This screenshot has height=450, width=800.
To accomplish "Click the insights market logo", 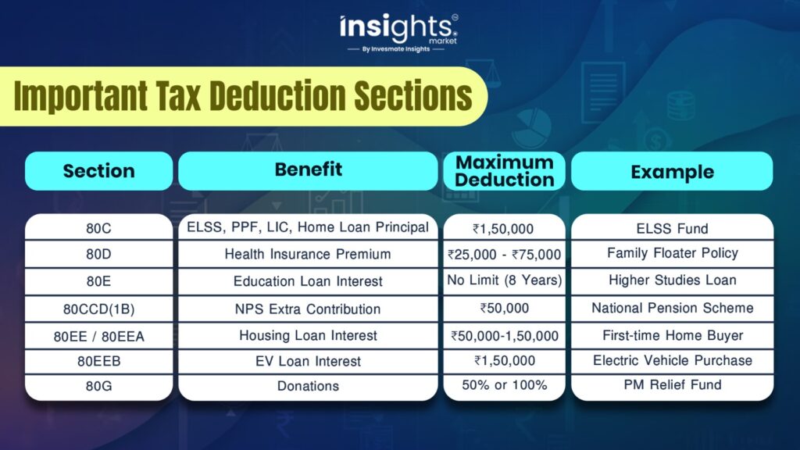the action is [399, 33].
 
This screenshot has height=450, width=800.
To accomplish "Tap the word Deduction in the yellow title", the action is [277, 95].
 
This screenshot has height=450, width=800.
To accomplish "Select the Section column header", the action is [99, 171].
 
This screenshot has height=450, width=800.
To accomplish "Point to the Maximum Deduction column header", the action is [504, 171].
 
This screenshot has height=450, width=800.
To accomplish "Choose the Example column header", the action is [672, 171].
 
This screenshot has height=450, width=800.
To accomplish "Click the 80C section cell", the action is [99, 227].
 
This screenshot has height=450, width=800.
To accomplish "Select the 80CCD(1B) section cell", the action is [99, 309].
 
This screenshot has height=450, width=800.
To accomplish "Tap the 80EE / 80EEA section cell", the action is [99, 336].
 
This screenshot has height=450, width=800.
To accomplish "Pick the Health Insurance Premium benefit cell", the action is [308, 254].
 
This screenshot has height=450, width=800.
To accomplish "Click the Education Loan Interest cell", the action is [308, 281].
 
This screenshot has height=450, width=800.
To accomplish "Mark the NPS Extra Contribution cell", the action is [308, 309].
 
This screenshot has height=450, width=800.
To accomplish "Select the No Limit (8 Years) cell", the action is [504, 281].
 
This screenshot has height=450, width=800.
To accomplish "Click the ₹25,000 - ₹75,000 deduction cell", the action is [504, 254].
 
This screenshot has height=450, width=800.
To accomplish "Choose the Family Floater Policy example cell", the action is [673, 254].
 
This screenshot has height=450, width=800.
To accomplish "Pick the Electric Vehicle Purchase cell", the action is [673, 361].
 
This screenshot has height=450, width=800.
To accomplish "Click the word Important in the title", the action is [80, 96].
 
